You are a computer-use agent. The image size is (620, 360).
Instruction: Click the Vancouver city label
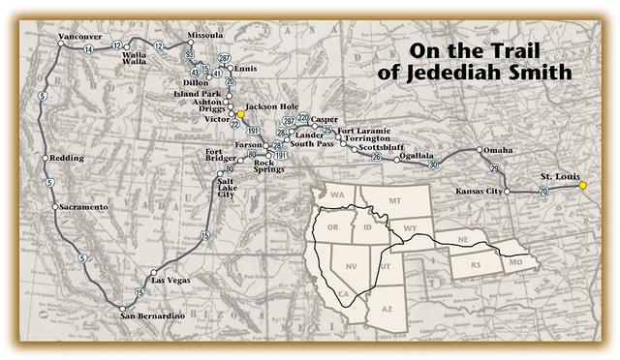[x=79, y=37]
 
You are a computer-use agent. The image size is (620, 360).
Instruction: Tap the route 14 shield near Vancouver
[x=88, y=48]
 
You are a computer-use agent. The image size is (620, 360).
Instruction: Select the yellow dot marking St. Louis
[x=583, y=186]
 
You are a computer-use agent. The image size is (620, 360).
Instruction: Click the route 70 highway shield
[x=543, y=193]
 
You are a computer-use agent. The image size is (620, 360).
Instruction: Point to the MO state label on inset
[x=516, y=262]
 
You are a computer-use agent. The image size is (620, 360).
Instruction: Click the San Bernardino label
[x=150, y=315]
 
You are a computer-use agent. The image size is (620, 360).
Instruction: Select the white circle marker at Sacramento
[x=55, y=207]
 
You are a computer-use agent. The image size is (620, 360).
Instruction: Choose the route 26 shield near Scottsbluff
[x=377, y=157]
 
